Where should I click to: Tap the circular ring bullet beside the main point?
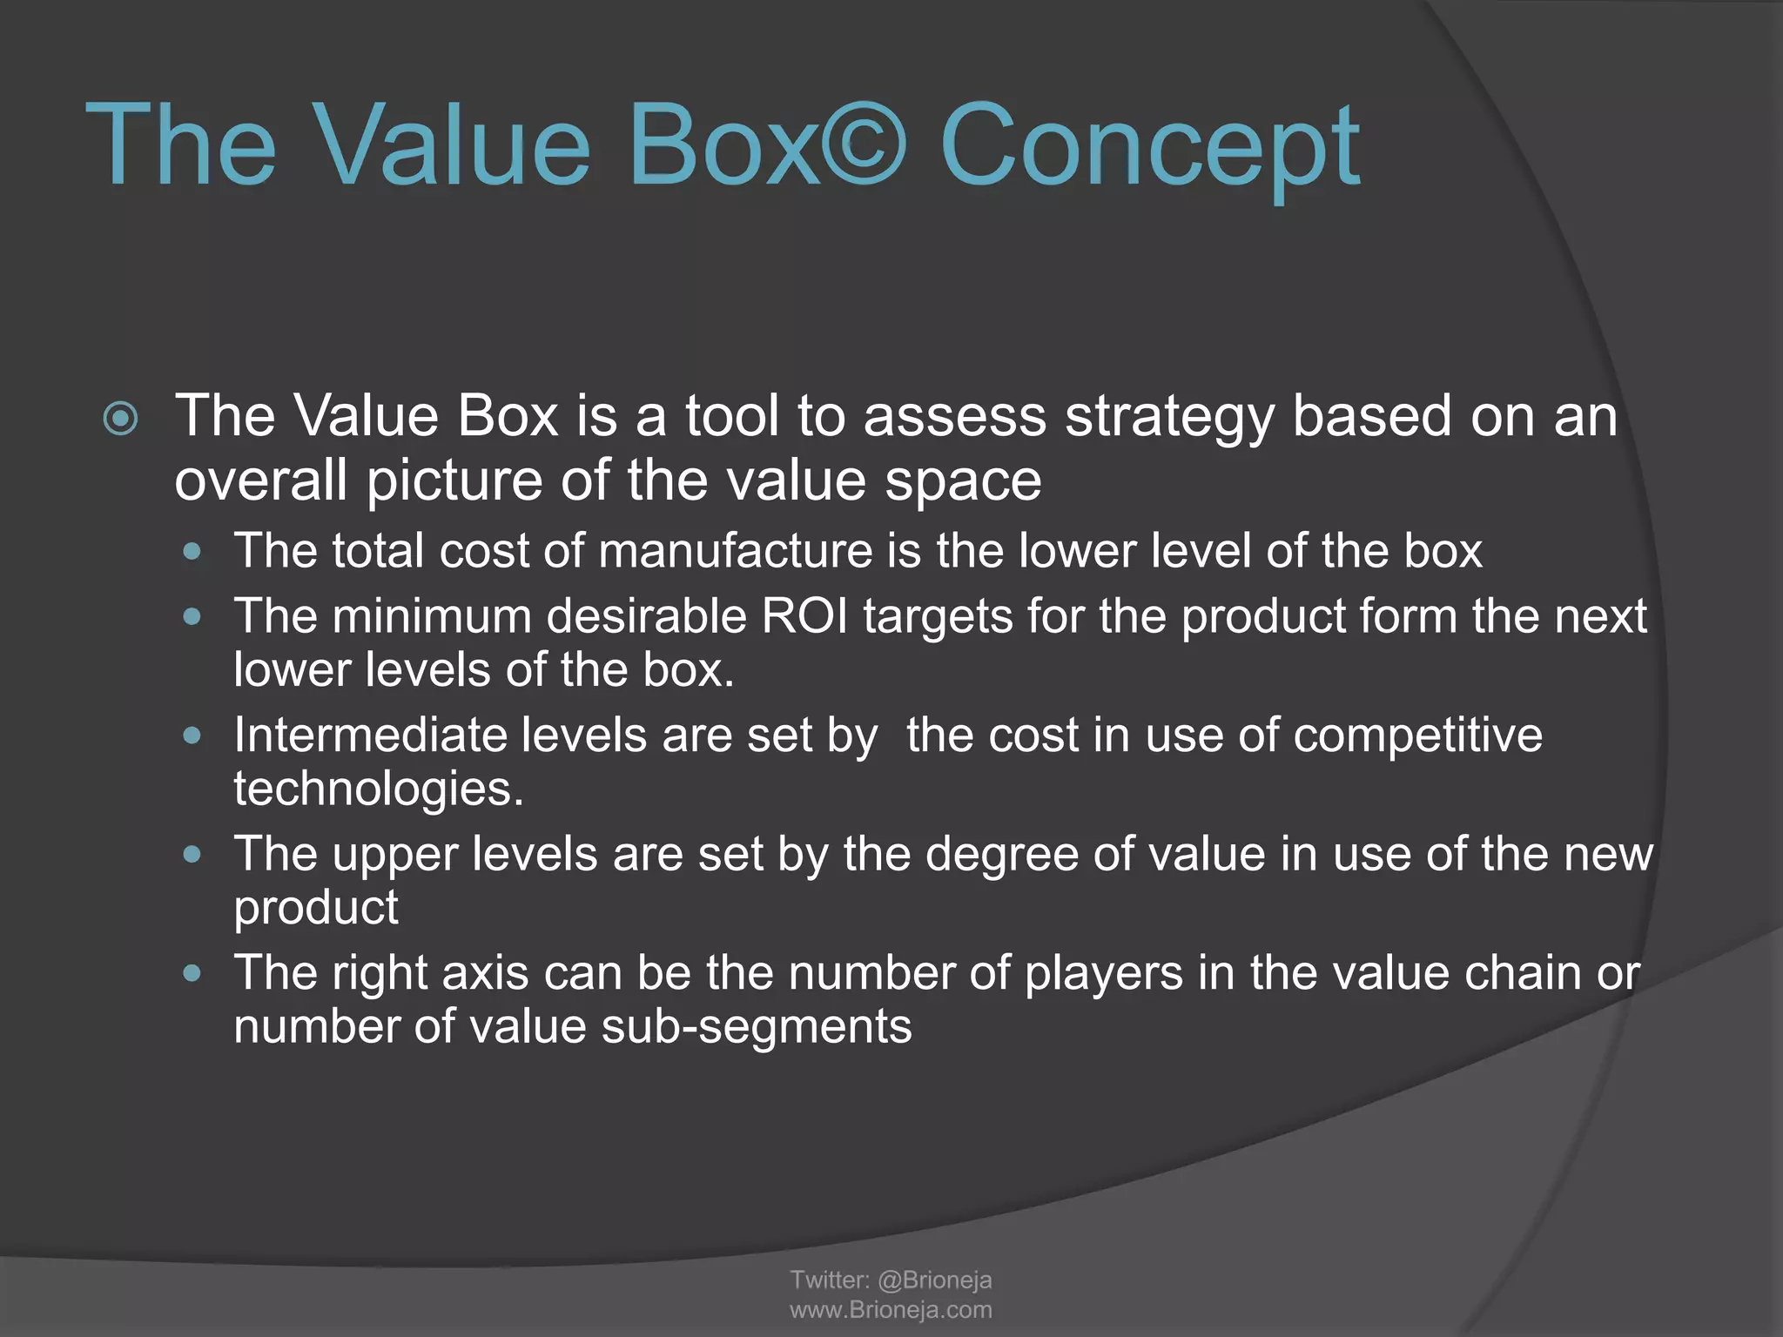pos(120,419)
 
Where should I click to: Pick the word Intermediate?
pos(370,735)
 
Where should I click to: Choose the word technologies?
pos(379,789)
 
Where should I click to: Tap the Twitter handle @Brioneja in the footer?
pos(934,1280)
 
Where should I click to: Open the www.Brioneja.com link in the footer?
pos(891,1310)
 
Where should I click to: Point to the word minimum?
pos(430,616)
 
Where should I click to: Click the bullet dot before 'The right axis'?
pos(192,972)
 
